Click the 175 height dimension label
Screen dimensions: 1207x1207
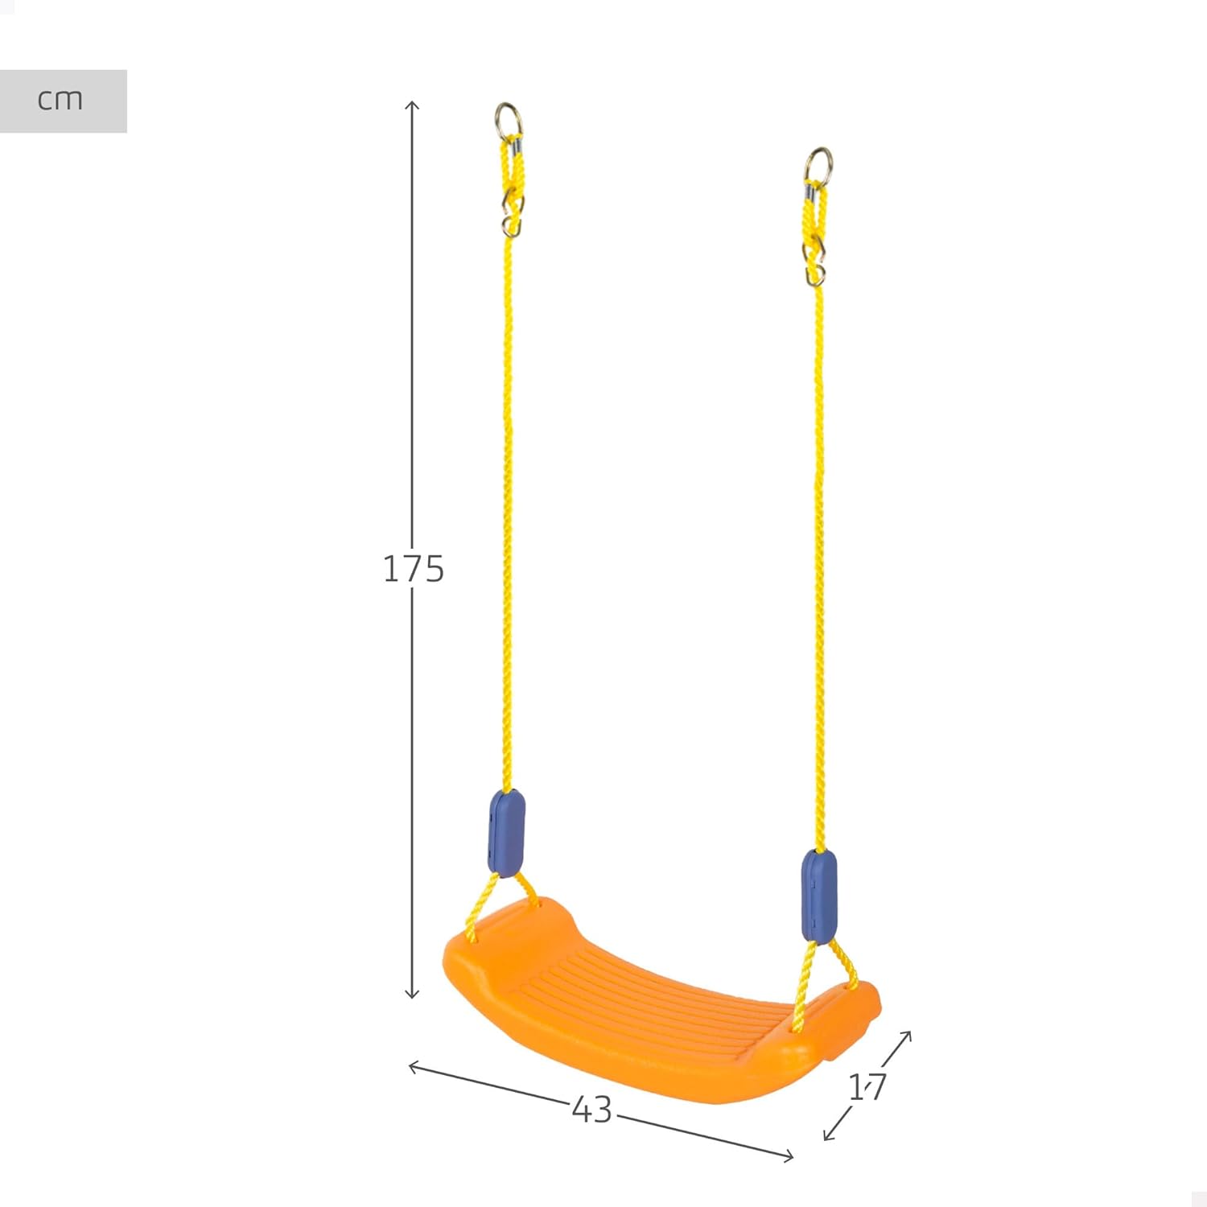(x=413, y=569)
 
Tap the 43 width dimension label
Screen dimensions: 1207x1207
(x=592, y=1110)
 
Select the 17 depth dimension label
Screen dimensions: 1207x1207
(x=867, y=1087)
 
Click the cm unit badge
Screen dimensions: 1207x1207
(x=61, y=101)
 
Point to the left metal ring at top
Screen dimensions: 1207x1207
(x=509, y=120)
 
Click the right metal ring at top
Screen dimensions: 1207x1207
(x=819, y=165)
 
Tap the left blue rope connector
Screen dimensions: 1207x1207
(x=506, y=833)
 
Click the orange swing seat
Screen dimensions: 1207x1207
(x=660, y=1022)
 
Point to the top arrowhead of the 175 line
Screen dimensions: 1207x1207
(x=412, y=105)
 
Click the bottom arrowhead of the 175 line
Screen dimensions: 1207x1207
(x=412, y=995)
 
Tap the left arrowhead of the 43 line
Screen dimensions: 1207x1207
(x=413, y=1066)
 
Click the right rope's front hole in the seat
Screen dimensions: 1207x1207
(x=797, y=1027)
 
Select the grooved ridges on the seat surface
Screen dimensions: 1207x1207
(x=644, y=998)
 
